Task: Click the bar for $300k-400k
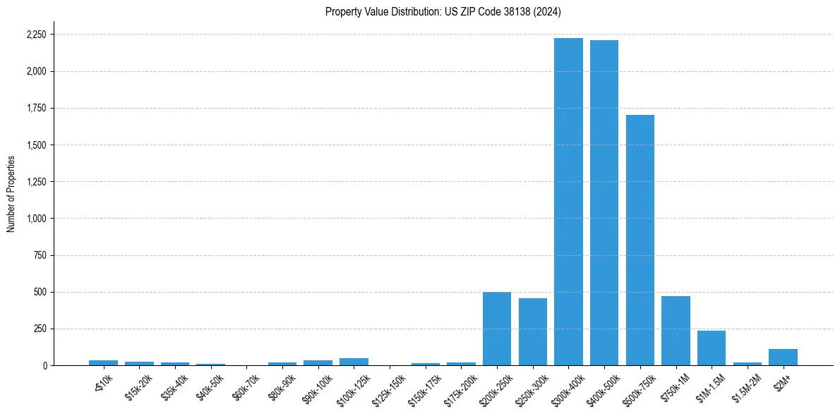568,202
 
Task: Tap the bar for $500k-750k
640,240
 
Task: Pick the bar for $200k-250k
497,329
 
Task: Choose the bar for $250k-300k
533,331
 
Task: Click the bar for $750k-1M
676,331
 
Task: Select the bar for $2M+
783,357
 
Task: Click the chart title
443,11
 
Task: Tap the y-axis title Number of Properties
11,193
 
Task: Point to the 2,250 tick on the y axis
37,35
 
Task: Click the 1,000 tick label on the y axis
37,219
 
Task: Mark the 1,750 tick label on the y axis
37,108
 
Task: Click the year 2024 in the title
548,11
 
